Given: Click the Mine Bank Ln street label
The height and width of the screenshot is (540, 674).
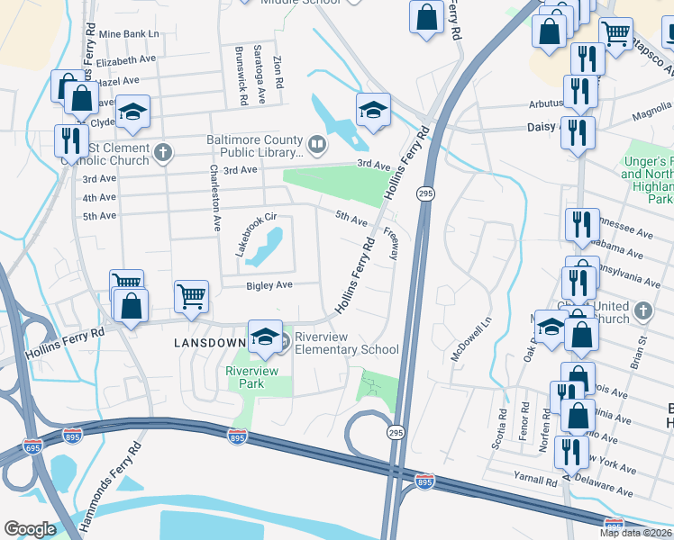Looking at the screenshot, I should (129, 33).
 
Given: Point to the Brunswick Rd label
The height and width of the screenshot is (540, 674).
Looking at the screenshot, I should (239, 76).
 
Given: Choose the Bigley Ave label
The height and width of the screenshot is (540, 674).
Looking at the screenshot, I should (270, 285).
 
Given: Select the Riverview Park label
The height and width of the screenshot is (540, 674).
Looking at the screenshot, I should (252, 376).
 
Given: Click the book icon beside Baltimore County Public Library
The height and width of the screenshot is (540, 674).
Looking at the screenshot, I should (316, 144).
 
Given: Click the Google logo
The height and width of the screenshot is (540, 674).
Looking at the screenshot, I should (30, 529).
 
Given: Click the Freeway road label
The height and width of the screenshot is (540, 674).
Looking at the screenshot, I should (391, 244).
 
